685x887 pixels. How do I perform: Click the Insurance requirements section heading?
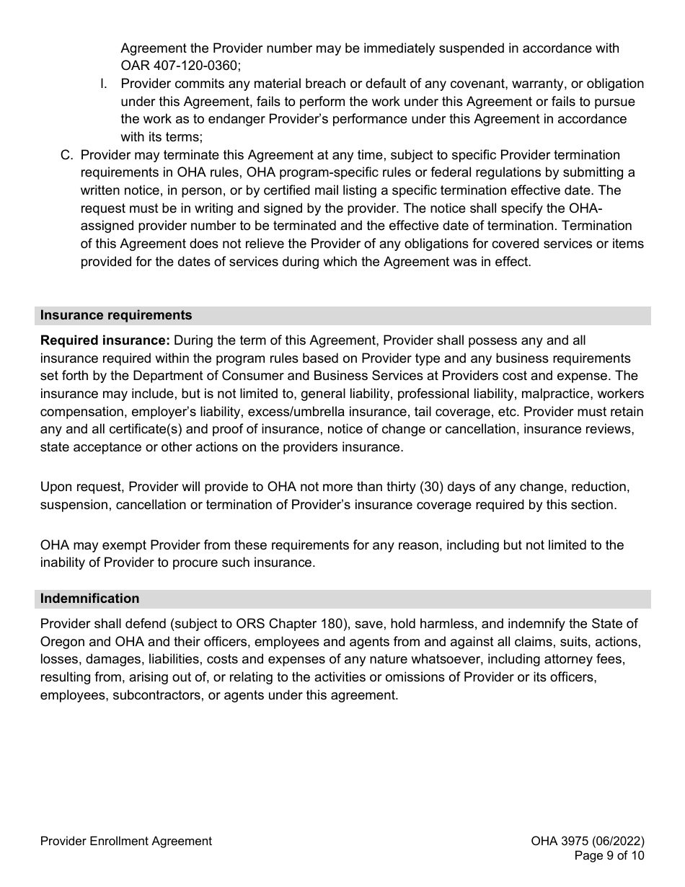[116, 315]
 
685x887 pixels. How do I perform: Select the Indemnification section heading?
[89, 599]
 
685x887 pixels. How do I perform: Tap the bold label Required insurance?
[105, 340]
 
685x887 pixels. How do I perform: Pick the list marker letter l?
[104, 84]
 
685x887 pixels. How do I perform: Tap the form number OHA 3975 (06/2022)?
[587, 841]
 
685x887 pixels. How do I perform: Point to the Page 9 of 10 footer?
[609, 856]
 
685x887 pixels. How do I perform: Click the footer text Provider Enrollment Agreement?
[126, 841]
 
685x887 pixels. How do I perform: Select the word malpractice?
[558, 394]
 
